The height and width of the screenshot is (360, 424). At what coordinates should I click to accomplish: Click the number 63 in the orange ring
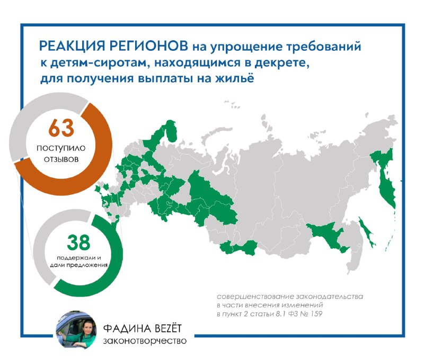(61, 128)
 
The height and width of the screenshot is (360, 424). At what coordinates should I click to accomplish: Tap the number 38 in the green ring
(78, 242)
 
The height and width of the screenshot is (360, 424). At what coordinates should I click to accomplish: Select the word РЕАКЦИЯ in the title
(72, 46)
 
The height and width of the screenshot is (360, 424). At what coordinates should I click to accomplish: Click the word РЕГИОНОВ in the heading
(149, 46)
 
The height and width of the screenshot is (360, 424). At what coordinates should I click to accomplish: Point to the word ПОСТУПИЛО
(61, 148)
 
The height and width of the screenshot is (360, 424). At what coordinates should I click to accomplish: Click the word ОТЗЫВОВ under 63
(61, 159)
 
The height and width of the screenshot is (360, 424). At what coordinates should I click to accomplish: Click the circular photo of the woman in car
(76, 330)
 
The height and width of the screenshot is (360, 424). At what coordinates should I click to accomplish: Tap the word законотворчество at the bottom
(145, 341)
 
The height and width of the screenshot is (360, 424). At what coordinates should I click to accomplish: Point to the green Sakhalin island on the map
(366, 232)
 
